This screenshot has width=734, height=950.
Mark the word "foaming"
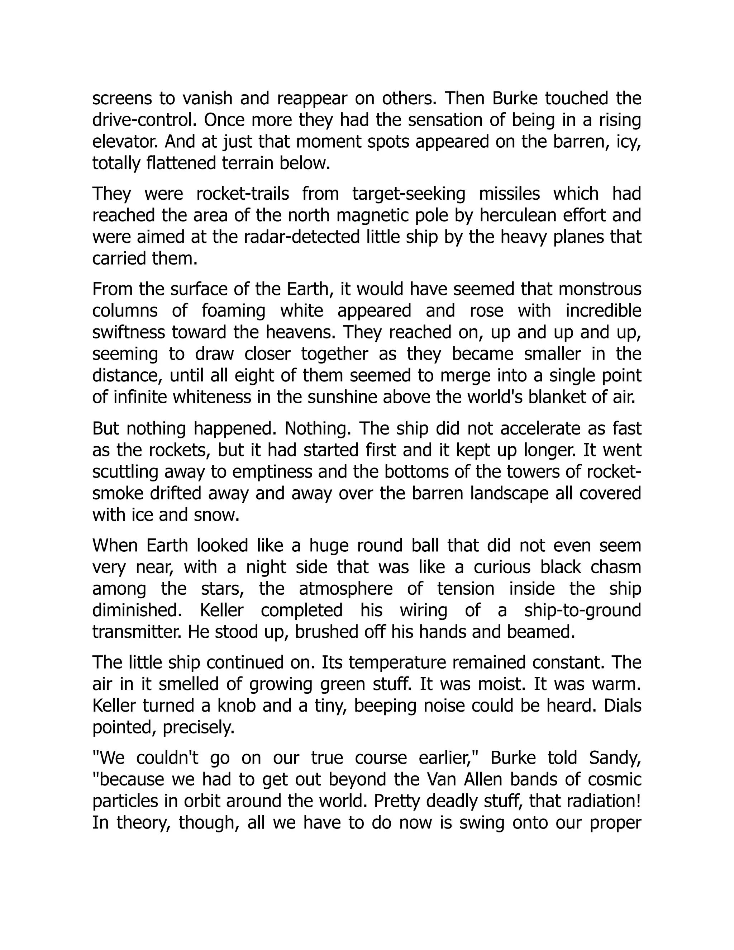coord(234,311)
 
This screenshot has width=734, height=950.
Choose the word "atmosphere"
coord(346,589)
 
